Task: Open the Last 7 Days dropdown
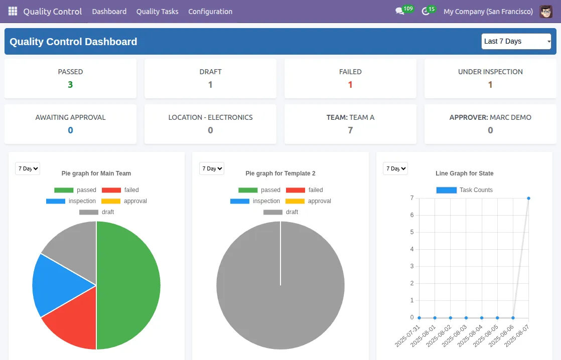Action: pyautogui.click(x=516, y=42)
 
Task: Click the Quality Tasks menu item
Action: pyautogui.click(x=157, y=12)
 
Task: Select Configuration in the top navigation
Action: pyautogui.click(x=210, y=12)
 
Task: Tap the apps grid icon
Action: pyautogui.click(x=13, y=11)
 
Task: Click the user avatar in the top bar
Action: pyautogui.click(x=546, y=12)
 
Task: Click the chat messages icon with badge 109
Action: pyautogui.click(x=400, y=12)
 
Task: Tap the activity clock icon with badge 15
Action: pyautogui.click(x=426, y=12)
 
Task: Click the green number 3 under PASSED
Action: pyautogui.click(x=70, y=85)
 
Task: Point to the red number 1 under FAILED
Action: pyautogui.click(x=350, y=85)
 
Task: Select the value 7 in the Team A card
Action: pyautogui.click(x=350, y=130)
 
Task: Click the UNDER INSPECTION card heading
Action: pyautogui.click(x=490, y=72)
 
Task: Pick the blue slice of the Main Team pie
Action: pyautogui.click(x=55, y=283)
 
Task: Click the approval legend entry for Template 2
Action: pyautogui.click(x=309, y=201)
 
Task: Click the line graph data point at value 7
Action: pyautogui.click(x=528, y=198)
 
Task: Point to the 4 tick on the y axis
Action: pyautogui.click(x=412, y=249)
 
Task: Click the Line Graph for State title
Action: pyautogui.click(x=464, y=173)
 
